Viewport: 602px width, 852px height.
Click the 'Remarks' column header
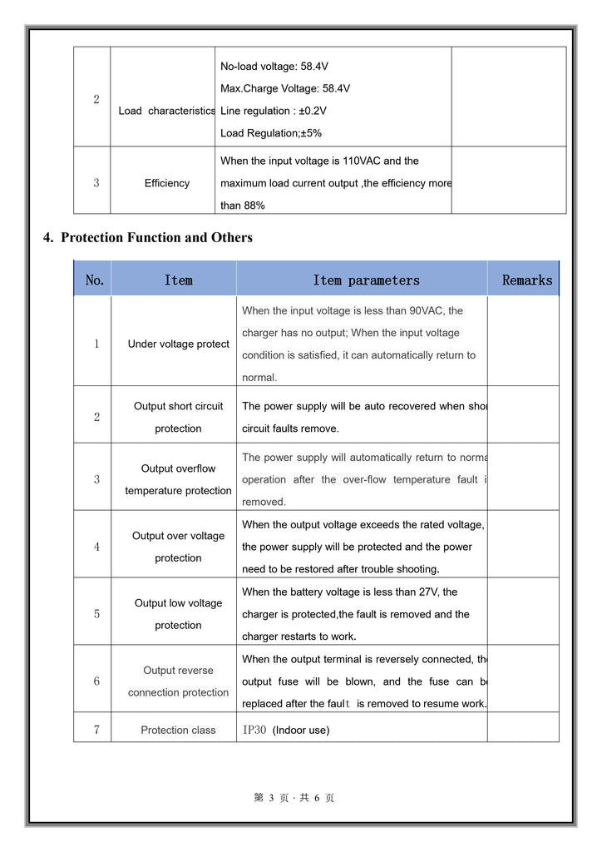point(526,280)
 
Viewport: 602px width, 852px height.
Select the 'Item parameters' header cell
point(366,280)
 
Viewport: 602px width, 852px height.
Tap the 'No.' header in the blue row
point(95,280)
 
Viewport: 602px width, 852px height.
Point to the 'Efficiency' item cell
point(166,183)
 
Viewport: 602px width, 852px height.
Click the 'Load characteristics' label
point(166,111)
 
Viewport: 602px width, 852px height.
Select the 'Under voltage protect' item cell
point(178,344)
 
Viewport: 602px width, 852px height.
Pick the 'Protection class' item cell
point(178,730)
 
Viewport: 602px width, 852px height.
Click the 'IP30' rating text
point(254,730)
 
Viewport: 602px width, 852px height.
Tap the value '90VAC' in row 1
point(427,310)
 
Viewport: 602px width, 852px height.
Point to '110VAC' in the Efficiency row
point(361,161)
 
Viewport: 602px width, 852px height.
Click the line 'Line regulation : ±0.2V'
point(274,111)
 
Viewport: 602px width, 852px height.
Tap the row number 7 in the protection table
point(96,730)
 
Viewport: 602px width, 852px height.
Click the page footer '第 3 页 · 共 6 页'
point(294,798)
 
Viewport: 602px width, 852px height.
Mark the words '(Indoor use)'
point(301,730)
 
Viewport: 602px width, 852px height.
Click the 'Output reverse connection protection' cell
point(178,681)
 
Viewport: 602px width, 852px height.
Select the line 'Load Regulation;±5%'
point(271,133)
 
